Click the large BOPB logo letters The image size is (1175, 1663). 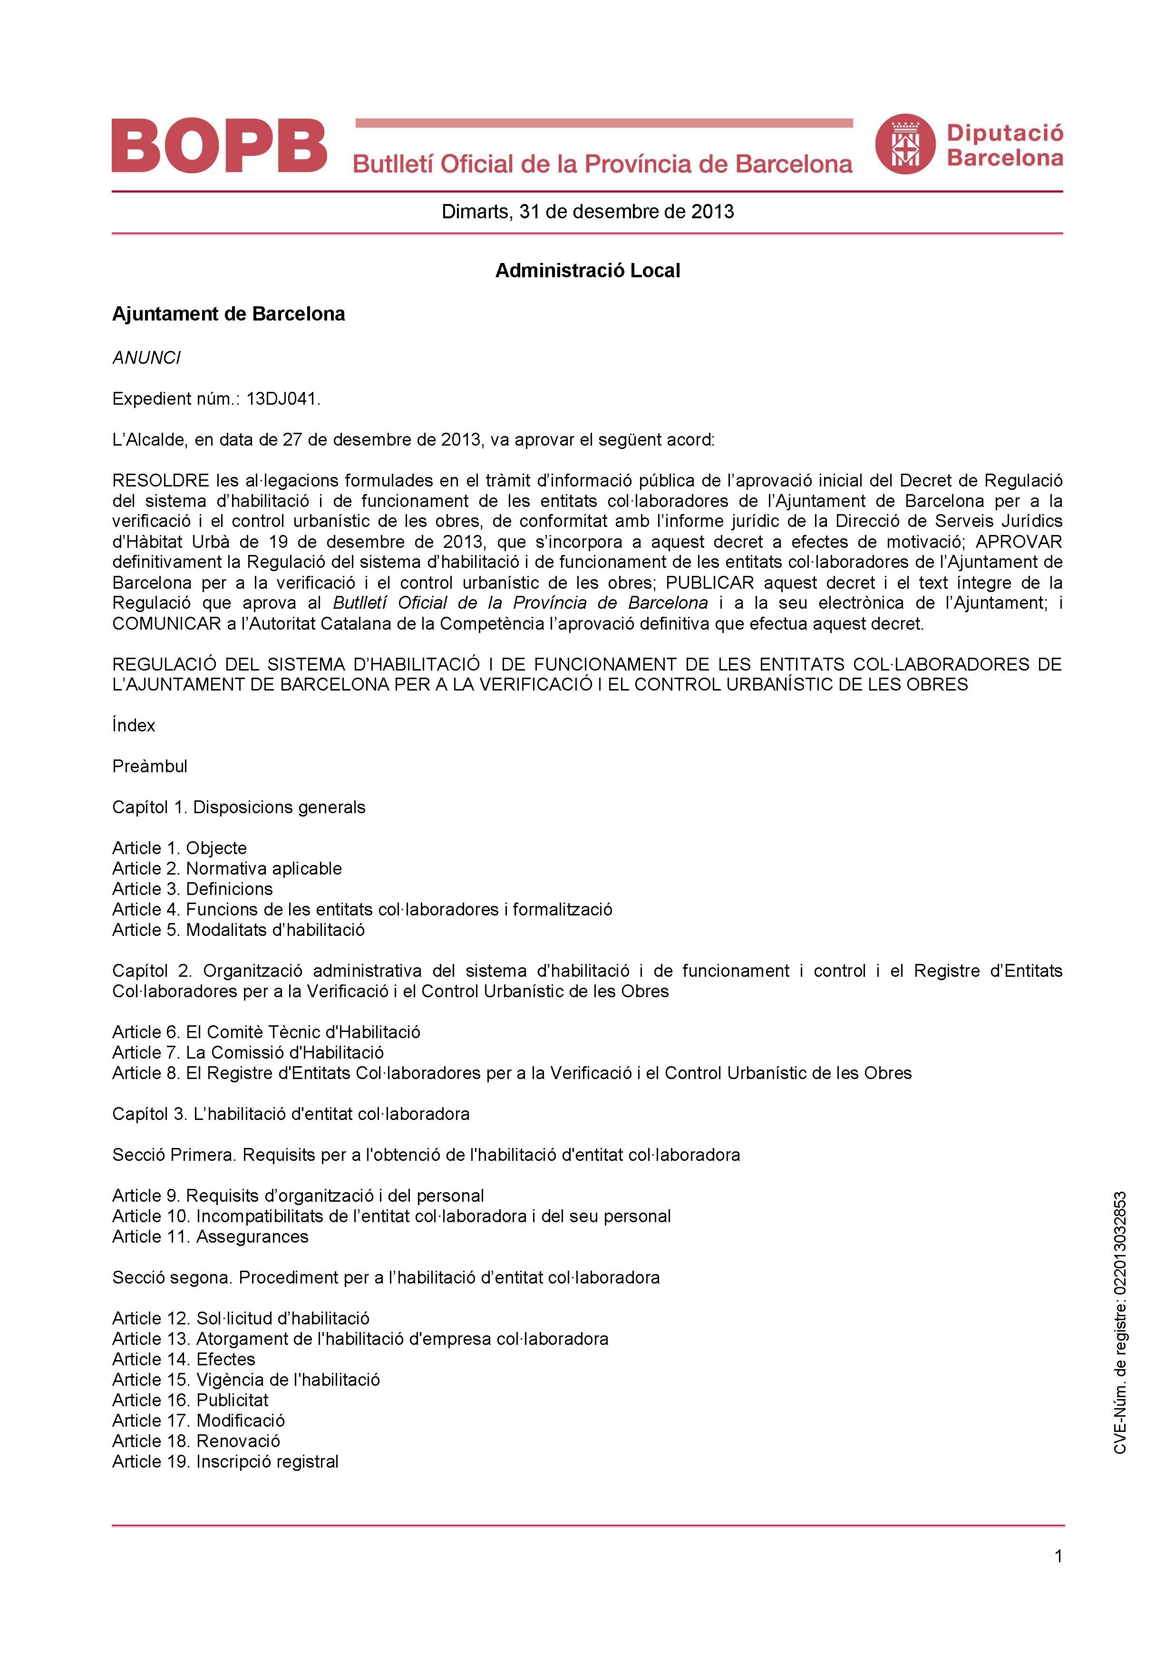[x=219, y=146]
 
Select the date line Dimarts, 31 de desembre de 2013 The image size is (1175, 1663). [x=588, y=212]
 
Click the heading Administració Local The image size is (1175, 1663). [x=588, y=271]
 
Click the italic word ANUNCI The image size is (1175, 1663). [x=146, y=358]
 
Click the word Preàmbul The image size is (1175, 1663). [x=149, y=766]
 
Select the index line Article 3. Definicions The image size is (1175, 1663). [x=192, y=889]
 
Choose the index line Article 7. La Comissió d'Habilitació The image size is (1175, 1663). [x=248, y=1052]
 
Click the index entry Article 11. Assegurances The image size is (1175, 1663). [x=210, y=1236]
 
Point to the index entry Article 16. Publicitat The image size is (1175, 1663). [x=190, y=1400]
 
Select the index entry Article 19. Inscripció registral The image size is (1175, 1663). [x=225, y=1462]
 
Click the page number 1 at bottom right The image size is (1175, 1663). [x=1058, y=1556]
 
